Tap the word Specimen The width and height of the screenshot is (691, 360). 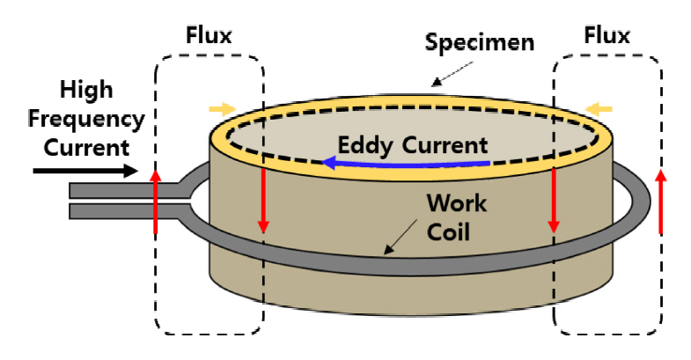pyautogui.click(x=481, y=42)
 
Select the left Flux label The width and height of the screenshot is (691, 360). pyautogui.click(x=209, y=37)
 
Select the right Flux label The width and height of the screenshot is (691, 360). pyautogui.click(x=607, y=37)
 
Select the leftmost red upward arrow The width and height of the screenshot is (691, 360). pyautogui.click(x=156, y=203)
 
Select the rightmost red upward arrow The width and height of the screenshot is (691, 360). pyautogui.click(x=661, y=202)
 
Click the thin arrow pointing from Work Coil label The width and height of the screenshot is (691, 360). pyautogui.click(x=399, y=237)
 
